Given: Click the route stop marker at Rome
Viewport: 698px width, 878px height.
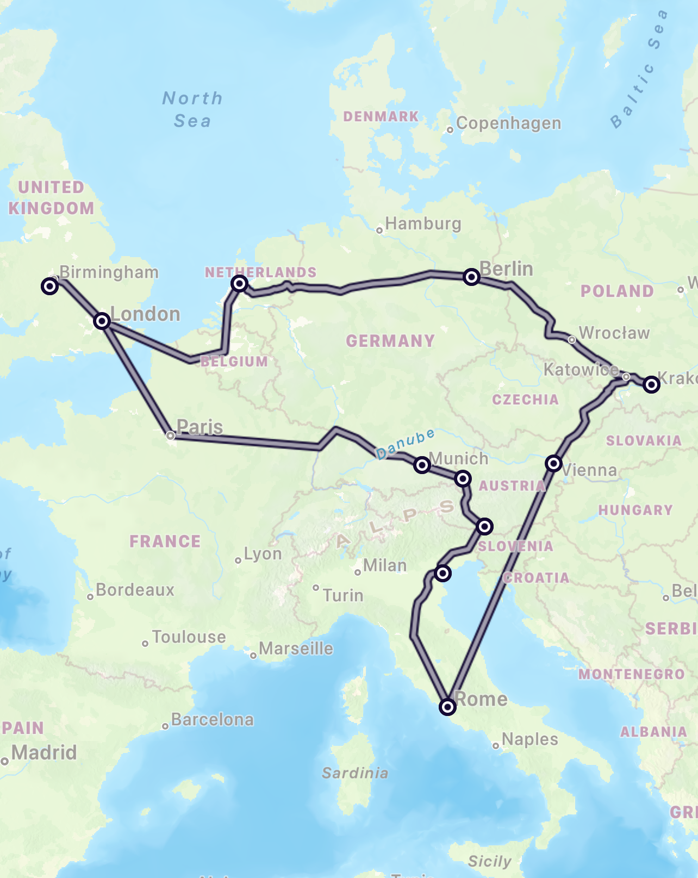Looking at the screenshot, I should (447, 707).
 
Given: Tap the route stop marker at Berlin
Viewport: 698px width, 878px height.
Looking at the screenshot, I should (471, 277).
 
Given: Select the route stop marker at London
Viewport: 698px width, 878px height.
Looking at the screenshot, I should (102, 321).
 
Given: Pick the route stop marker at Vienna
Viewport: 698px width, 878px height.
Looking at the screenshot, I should (553, 463).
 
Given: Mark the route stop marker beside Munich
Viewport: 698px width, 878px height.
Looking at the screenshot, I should (422, 465).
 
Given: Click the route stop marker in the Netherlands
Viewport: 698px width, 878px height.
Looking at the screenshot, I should (239, 283).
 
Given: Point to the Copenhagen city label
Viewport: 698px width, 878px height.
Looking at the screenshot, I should (508, 123).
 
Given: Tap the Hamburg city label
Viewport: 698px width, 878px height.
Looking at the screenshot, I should (423, 223).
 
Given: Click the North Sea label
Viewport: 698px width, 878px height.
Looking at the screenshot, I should (192, 109).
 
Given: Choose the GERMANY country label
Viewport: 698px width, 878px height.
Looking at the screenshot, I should (390, 341).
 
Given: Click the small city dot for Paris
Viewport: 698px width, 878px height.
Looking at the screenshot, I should (170, 435).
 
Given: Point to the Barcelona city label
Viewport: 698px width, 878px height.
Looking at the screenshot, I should (212, 720).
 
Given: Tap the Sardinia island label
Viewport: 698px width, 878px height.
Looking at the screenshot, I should (355, 773).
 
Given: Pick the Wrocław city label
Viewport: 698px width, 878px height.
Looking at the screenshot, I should (614, 333).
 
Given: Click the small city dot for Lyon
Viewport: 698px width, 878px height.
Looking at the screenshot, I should (238, 561).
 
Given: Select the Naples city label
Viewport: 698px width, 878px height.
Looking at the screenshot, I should (529, 739).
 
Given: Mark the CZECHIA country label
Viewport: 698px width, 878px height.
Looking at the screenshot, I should (525, 400).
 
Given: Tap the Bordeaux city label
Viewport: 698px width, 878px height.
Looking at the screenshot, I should (135, 590).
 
